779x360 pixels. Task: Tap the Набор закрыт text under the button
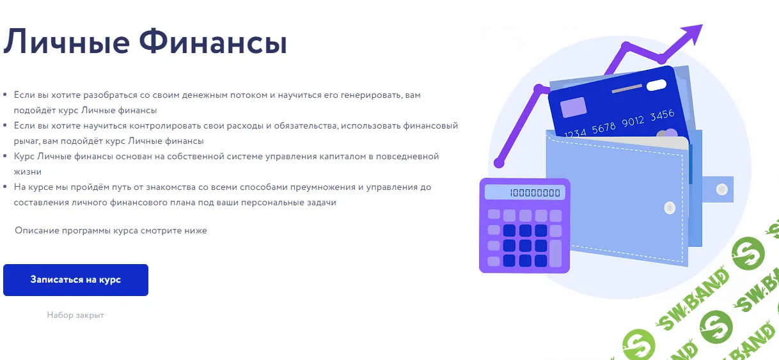tap(75, 315)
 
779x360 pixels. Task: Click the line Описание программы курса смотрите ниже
tap(111, 230)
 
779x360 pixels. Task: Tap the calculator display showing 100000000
tap(524, 192)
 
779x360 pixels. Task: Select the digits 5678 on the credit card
tap(604, 128)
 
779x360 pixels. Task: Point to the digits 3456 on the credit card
tap(662, 116)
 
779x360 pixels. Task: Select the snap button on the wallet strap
tap(721, 189)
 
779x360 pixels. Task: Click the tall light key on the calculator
tap(555, 253)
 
